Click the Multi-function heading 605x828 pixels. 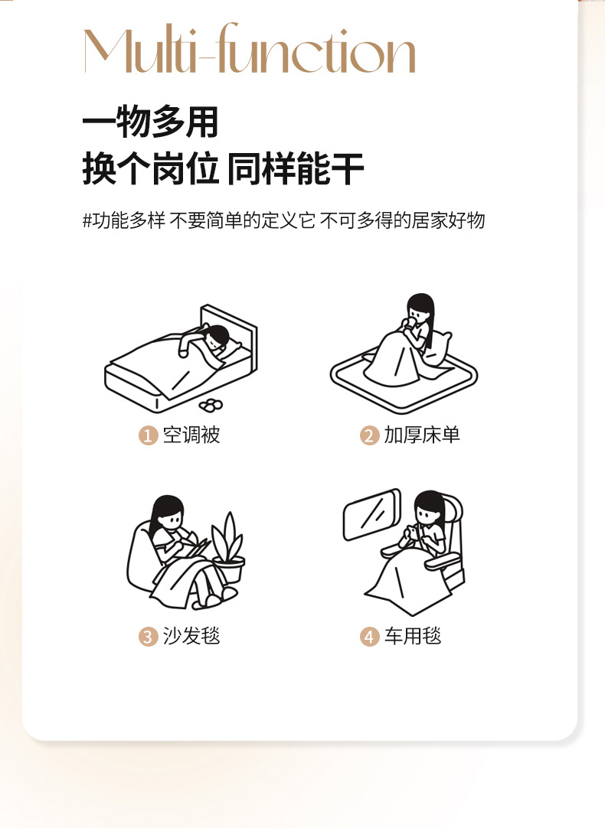tap(250, 48)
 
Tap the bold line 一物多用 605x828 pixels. tap(150, 122)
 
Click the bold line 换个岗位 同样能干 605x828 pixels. tap(223, 168)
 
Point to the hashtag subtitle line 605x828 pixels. tap(284, 220)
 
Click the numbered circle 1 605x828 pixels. tap(149, 435)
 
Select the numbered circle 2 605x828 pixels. tap(369, 435)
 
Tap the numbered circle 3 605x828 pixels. tap(149, 637)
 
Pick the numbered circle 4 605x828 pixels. tap(369, 637)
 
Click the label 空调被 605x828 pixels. tap(191, 435)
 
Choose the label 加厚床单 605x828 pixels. tap(422, 435)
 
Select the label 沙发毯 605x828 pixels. tap(191, 636)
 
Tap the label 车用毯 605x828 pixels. tap(412, 636)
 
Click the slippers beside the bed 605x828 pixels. tap(211, 405)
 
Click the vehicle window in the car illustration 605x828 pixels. tap(371, 513)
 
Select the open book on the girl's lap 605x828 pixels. tap(195, 548)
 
